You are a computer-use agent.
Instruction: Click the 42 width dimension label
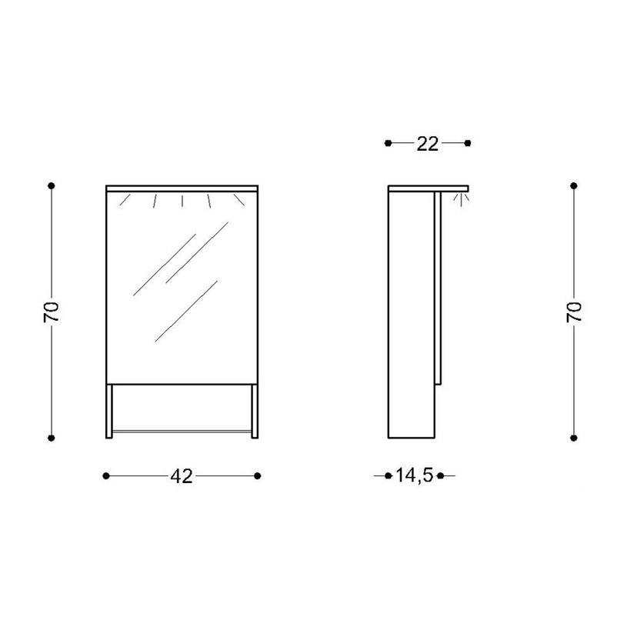tap(182, 476)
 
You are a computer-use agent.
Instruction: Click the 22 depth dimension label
tap(428, 144)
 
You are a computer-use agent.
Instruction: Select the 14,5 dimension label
tap(414, 475)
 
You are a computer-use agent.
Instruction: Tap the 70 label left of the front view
tap(52, 312)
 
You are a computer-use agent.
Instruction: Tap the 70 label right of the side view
tap(574, 312)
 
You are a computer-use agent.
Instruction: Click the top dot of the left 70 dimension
tap(52, 185)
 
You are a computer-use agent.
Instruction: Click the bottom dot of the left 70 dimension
tap(52, 438)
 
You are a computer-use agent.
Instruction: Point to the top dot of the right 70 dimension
tap(574, 185)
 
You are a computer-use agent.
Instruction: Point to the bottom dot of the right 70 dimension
tap(574, 438)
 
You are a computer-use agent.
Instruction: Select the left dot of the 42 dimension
tap(106, 476)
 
